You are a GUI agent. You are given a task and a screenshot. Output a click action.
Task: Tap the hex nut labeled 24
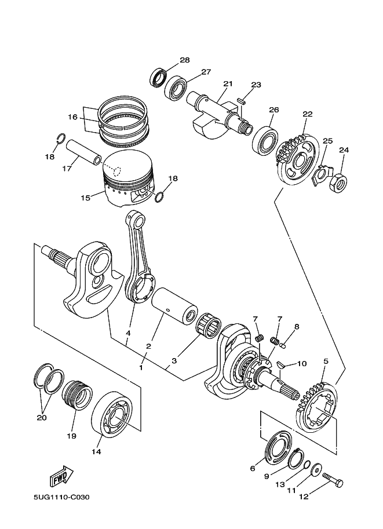[x=338, y=183]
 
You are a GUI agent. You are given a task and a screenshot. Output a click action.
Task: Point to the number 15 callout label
[x=85, y=198]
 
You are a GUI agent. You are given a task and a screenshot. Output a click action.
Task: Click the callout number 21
[x=227, y=84]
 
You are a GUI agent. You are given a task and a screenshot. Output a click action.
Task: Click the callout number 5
[x=326, y=362]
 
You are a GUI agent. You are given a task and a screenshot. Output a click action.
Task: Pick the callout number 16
[x=72, y=117]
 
